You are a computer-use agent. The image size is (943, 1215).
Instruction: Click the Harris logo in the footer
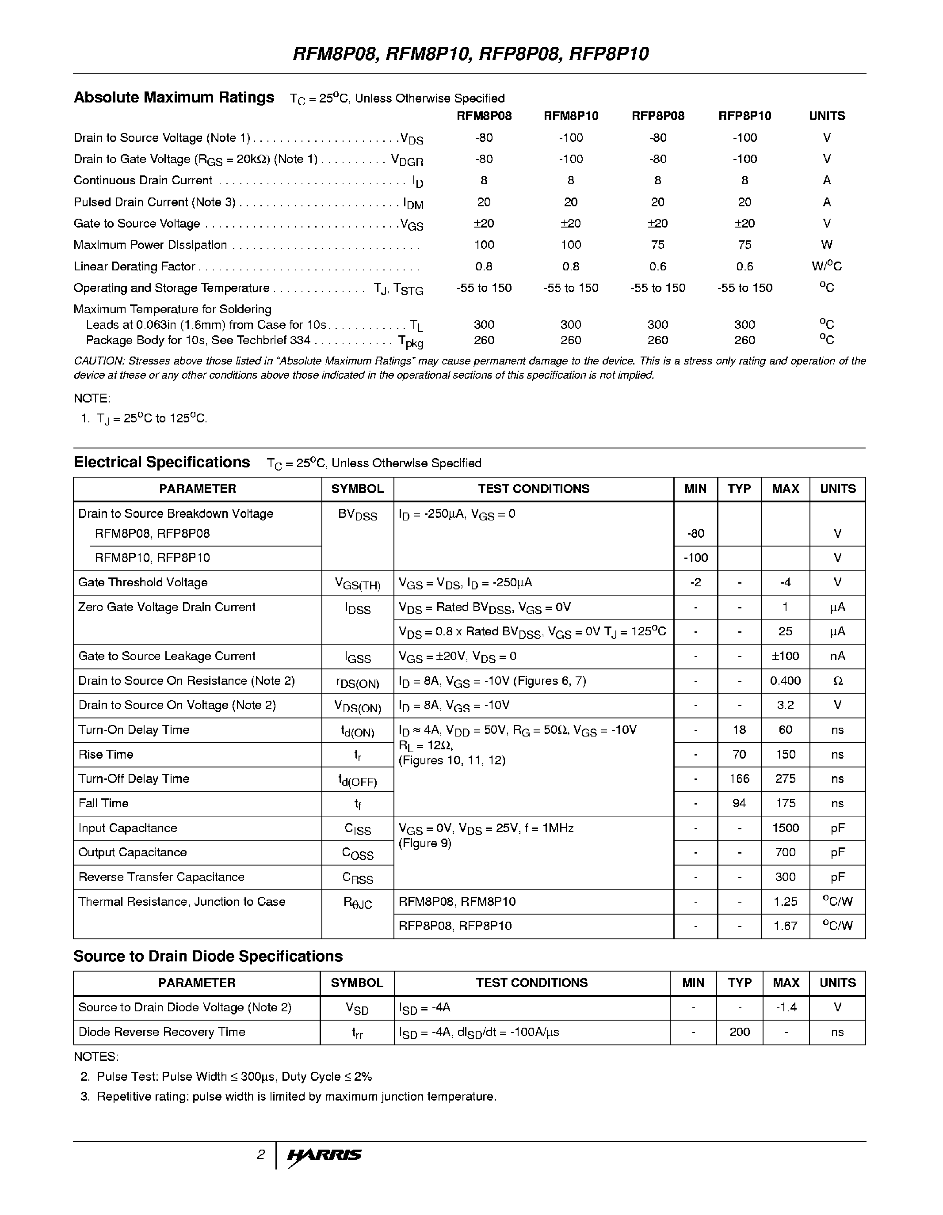324,1155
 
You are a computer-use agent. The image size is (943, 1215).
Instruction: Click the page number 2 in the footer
260,1155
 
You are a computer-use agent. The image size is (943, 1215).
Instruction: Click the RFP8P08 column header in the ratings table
657,116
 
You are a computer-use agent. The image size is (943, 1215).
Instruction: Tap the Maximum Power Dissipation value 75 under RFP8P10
744,245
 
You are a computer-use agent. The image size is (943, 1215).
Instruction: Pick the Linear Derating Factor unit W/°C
827,266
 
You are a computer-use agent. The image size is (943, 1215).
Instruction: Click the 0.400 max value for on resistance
785,681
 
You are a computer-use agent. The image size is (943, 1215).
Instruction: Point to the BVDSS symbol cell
357,515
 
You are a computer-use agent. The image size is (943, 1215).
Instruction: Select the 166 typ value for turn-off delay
739,779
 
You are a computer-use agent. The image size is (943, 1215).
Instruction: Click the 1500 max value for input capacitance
785,828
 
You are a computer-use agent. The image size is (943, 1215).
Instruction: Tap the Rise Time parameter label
106,754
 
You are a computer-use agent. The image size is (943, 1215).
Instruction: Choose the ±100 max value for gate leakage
785,656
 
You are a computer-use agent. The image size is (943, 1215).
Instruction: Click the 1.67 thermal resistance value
785,926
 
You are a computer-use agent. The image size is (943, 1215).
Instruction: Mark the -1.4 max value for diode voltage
786,1007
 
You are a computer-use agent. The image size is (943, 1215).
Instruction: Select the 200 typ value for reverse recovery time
739,1032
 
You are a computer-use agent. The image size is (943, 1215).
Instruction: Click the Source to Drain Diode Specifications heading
208,956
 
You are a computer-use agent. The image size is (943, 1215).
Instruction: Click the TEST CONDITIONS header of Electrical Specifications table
533,489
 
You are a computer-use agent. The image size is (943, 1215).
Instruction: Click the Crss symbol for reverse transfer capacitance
357,878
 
